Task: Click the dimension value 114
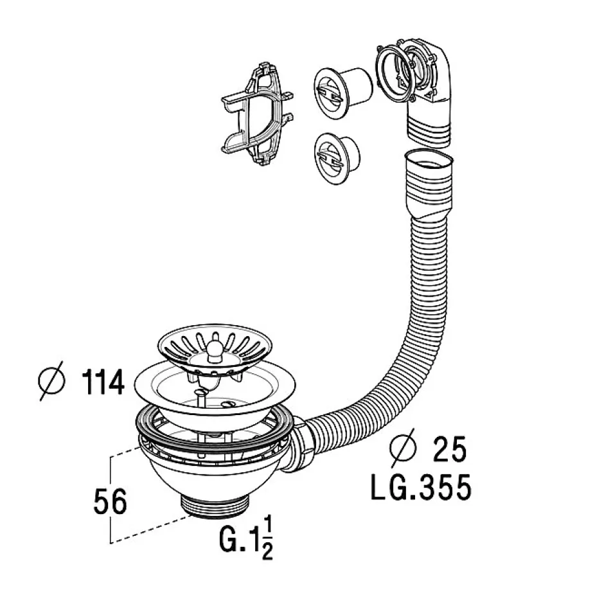click(103, 384)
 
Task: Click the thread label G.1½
click(247, 538)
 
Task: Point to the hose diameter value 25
click(449, 450)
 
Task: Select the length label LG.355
click(421, 488)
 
